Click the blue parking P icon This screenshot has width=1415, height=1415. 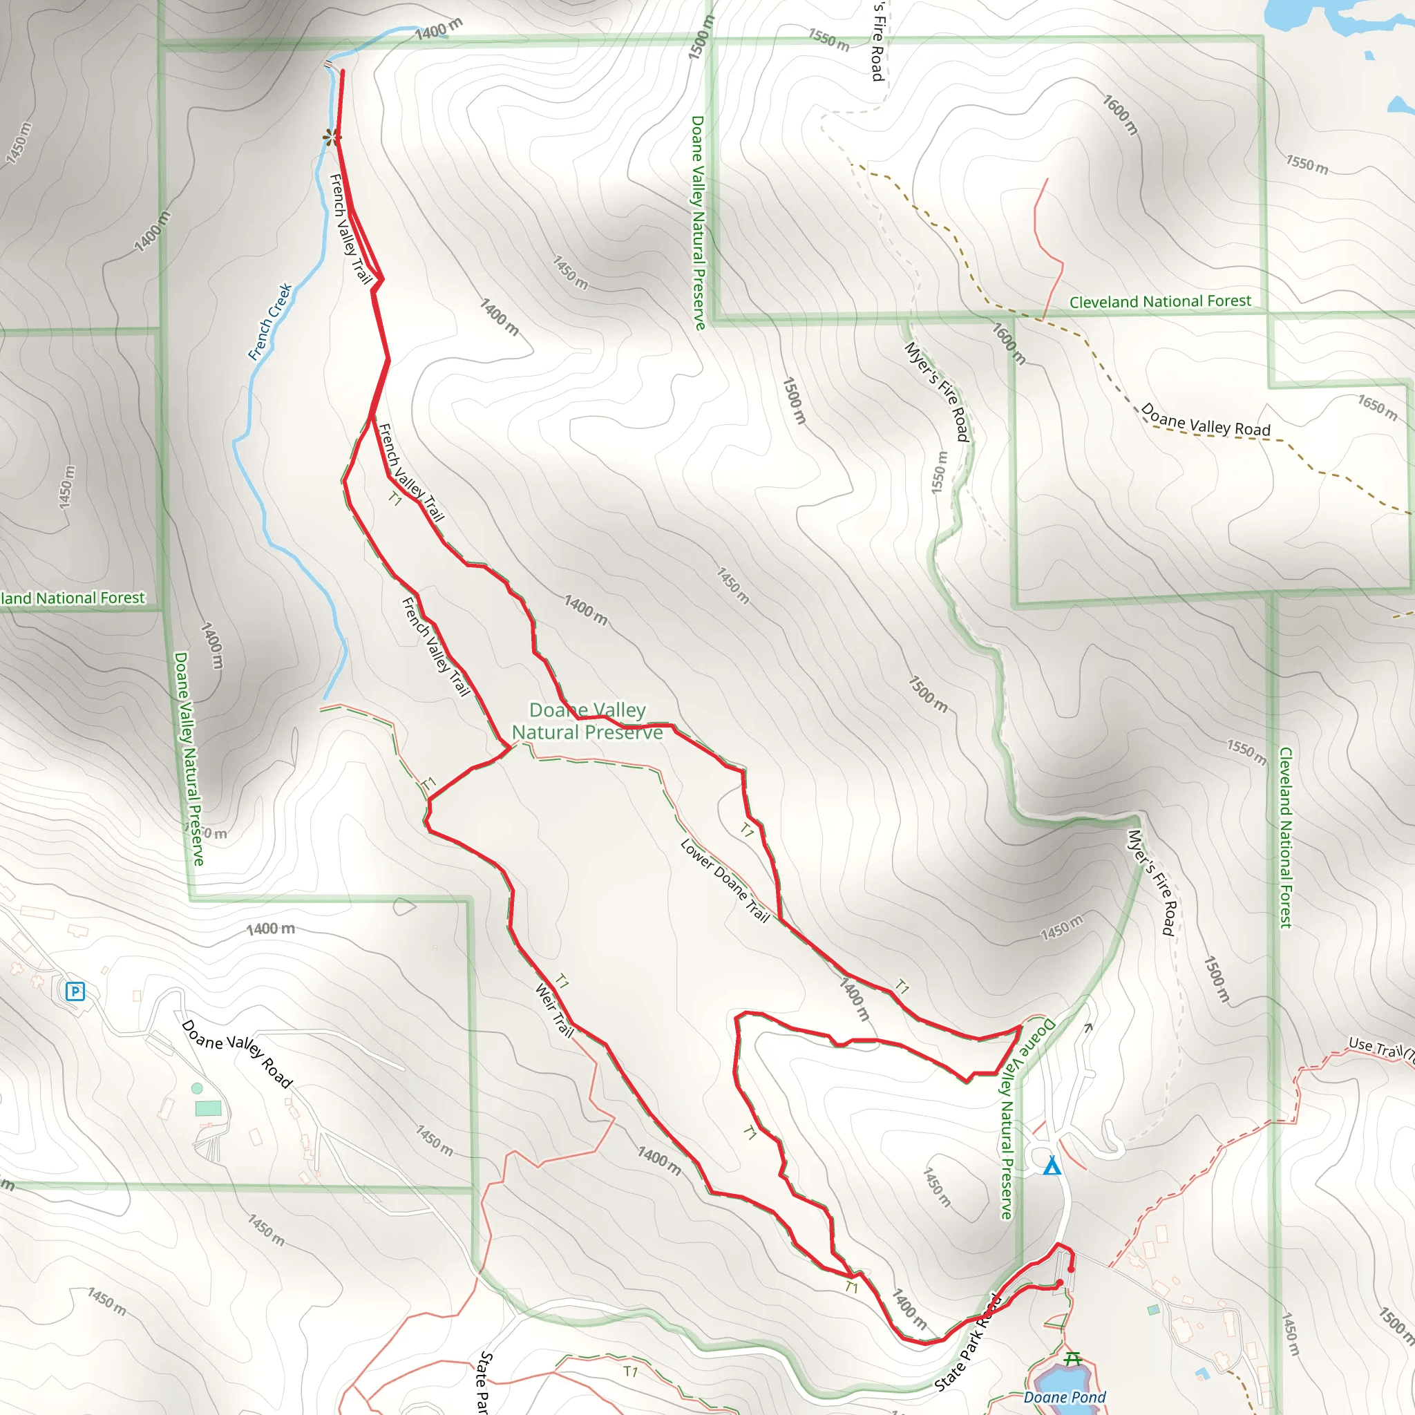click(x=75, y=991)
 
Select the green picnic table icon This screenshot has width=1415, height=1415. click(x=1072, y=1358)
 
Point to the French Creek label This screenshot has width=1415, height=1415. click(x=270, y=321)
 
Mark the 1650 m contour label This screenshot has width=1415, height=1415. click(x=1377, y=407)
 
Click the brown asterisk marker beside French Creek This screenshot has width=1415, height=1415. click(x=332, y=137)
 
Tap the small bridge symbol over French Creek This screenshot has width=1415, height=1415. click(x=328, y=65)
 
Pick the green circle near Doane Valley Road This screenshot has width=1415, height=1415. click(x=196, y=1088)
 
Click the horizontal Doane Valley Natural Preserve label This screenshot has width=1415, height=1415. click(x=587, y=721)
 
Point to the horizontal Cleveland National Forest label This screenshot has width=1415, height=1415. click(x=1160, y=302)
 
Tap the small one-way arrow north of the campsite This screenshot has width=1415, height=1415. click(x=1088, y=1027)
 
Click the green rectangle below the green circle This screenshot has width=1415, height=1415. click(x=208, y=1108)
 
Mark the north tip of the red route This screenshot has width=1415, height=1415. click(x=342, y=71)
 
